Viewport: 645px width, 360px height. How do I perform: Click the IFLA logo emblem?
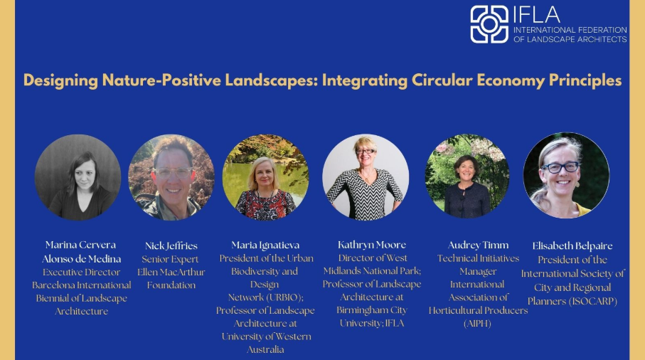coord(489,24)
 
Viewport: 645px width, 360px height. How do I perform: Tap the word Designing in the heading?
coord(60,80)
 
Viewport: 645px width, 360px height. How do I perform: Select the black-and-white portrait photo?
coord(78,177)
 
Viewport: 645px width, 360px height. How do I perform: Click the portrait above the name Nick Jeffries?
coord(171,177)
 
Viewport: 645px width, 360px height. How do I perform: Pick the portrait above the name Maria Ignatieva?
coord(265,177)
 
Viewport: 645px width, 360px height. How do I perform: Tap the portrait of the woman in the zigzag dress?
coord(366,177)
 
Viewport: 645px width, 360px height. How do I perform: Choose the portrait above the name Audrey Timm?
coord(467,176)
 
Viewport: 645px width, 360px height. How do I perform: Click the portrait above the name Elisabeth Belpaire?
coord(566,175)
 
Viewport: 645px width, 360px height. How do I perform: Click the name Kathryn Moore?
coord(372,245)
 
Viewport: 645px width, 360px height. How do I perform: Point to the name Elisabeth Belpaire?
coord(572,246)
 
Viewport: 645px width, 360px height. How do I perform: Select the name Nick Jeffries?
coord(171,246)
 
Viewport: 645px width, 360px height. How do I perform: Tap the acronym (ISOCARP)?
coord(593,301)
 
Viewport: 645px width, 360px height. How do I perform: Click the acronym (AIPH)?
coord(478,324)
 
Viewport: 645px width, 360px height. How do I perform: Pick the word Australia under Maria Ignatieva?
coord(265,350)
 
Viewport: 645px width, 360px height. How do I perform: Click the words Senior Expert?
coord(170,259)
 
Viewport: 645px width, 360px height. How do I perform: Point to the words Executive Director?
coord(82,272)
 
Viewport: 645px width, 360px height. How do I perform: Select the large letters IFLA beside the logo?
coord(537,15)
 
